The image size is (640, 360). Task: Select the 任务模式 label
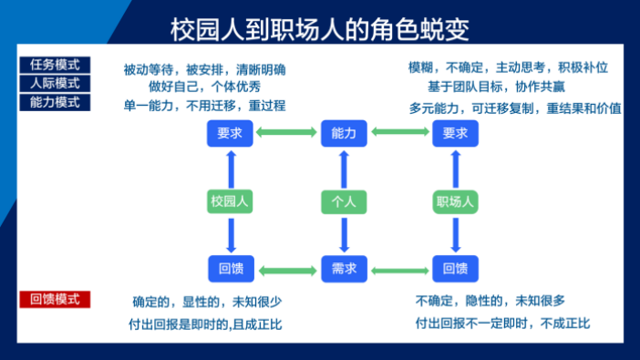[x=55, y=65]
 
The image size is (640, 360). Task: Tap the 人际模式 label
[x=55, y=83]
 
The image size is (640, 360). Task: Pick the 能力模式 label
[x=55, y=101]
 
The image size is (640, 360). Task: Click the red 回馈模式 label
[x=55, y=299]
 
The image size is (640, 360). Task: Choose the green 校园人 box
[x=230, y=201]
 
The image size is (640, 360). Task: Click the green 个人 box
[x=343, y=201]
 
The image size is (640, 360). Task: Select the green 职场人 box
[x=455, y=201]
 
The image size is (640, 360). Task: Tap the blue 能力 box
[x=343, y=134]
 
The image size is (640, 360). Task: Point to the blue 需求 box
[x=343, y=269]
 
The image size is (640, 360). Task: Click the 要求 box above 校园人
[x=230, y=134]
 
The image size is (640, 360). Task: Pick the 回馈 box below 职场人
[x=455, y=269]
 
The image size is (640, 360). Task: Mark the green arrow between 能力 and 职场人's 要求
[x=399, y=134]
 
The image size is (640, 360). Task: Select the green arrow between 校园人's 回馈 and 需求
[x=286, y=270]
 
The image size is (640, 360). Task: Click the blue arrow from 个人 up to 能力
[x=343, y=170]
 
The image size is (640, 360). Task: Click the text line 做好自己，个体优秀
[x=204, y=87]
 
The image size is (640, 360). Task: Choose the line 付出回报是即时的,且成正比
[x=207, y=324]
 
